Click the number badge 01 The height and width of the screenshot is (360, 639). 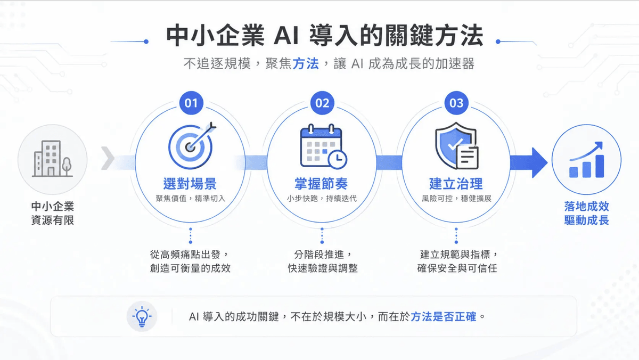pos(191,103)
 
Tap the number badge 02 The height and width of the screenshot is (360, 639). pos(322,103)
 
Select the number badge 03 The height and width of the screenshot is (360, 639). pos(456,103)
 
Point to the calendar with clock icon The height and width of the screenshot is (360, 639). pos(324,146)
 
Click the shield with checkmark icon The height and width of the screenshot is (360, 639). pos(457,146)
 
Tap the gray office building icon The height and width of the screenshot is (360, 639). pos(52,159)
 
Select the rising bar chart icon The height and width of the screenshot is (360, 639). pos(586,160)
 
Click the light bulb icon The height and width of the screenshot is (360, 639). pos(142,316)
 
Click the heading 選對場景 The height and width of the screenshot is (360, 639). pos(190,183)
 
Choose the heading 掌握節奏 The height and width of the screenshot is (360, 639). pos(321,183)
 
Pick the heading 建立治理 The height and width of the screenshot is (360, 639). pos(456,183)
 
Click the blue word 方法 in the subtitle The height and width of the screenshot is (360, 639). pos(306,63)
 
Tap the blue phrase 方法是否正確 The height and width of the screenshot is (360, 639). pos(443,317)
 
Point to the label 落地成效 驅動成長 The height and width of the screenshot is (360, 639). pos(586,213)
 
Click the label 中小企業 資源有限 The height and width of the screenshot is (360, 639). pos(53,213)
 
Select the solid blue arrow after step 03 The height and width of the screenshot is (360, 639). pos(529,163)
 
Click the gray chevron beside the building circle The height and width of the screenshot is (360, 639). pos(108,158)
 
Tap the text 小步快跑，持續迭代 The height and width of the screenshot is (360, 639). pos(322,199)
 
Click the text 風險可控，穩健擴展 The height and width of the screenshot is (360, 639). pos(456,199)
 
